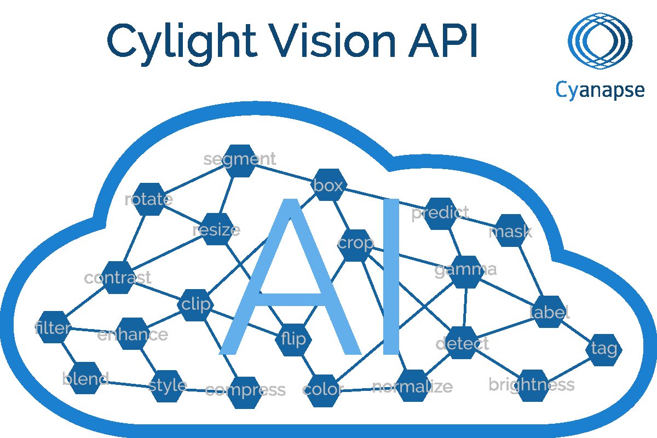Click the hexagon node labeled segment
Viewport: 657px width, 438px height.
tap(240, 161)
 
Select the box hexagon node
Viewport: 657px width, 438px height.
tap(329, 185)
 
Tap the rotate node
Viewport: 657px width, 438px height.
tap(150, 199)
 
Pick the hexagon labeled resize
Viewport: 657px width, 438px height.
tap(217, 229)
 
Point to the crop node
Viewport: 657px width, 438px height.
tap(355, 245)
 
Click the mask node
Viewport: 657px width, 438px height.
tap(511, 230)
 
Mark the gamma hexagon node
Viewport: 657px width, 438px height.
tap(466, 272)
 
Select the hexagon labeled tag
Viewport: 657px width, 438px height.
tap(603, 350)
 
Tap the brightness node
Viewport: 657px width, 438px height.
tap(533, 386)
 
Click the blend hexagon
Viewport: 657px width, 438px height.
tap(85, 378)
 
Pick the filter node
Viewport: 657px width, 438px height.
tap(53, 327)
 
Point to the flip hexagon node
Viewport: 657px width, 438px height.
tap(293, 340)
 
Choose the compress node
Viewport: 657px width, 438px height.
tap(245, 393)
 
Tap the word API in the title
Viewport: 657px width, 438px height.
tap(443, 40)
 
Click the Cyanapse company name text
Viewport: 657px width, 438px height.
tap(600, 90)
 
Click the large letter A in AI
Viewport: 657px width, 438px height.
tap(290, 276)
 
